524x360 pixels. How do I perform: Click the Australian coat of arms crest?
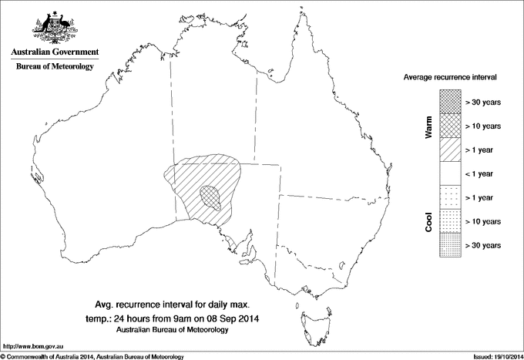pyautogui.click(x=53, y=26)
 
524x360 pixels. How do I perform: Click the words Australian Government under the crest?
pyautogui.click(x=54, y=52)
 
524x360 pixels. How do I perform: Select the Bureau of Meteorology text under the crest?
pyautogui.click(x=54, y=67)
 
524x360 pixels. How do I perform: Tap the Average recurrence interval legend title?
pyautogui.click(x=451, y=78)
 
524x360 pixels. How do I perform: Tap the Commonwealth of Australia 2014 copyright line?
pyautogui.click(x=92, y=356)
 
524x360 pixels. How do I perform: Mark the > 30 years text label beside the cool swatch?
pyautogui.click(x=483, y=245)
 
